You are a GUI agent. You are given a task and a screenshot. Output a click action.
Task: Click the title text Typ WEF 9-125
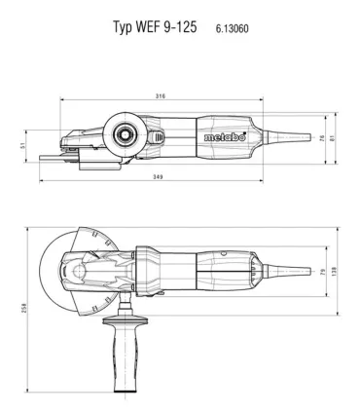click(155, 27)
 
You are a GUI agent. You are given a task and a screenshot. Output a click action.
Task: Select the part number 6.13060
click(233, 28)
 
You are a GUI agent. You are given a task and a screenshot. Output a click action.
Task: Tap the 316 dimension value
click(161, 96)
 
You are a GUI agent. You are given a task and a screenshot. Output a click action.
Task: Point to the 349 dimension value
click(158, 177)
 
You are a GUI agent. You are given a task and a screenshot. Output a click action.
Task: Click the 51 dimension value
click(22, 146)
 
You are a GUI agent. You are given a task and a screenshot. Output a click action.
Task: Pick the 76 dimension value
click(322, 137)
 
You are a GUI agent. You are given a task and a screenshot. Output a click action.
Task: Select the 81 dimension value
click(332, 137)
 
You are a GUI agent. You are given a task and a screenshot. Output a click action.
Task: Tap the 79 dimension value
click(322, 272)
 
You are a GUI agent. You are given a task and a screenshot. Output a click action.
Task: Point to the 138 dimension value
click(335, 272)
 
